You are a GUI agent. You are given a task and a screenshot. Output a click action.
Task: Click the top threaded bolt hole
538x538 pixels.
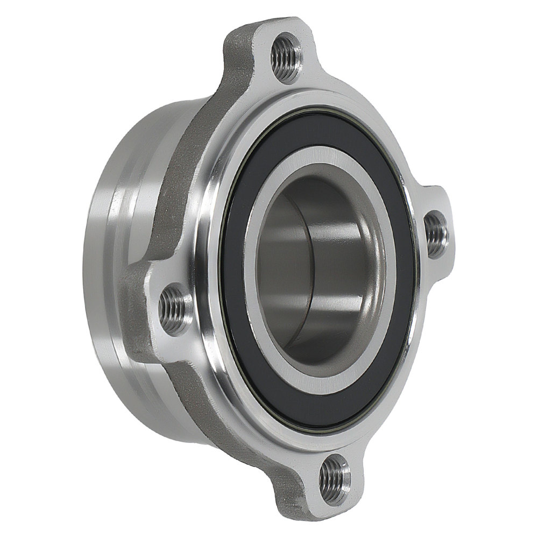pyautogui.click(x=285, y=54)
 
